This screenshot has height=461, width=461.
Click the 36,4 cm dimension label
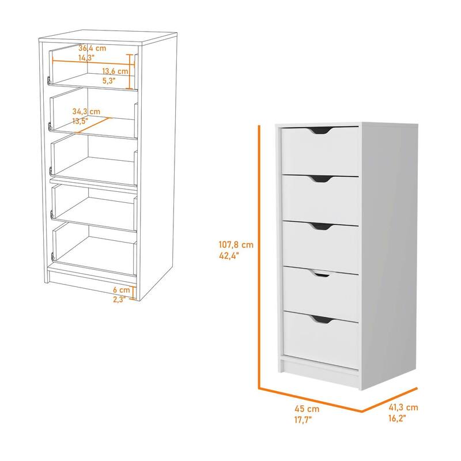coord(93,48)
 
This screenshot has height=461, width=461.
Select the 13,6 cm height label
coord(115,71)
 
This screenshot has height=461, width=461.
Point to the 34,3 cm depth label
coord(86,111)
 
